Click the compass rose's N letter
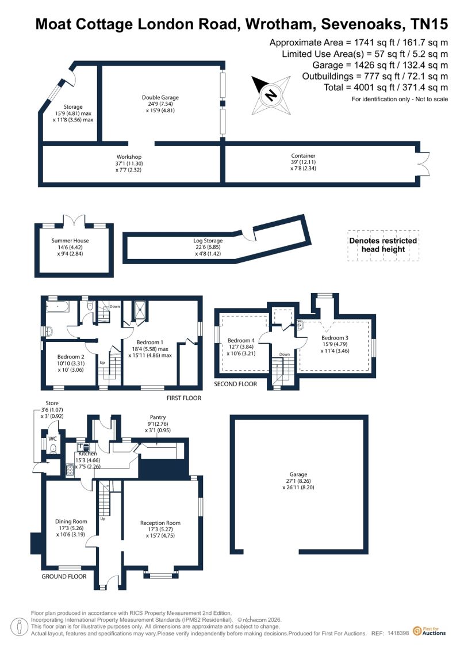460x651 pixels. (x=270, y=95)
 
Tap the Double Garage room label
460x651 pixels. (x=160, y=98)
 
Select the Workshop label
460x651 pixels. (x=129, y=157)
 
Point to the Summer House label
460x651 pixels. (x=70, y=241)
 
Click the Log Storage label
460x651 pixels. (x=208, y=241)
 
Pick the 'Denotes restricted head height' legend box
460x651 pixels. (x=384, y=245)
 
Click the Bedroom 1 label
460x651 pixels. (x=149, y=342)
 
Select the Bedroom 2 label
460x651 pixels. (x=71, y=357)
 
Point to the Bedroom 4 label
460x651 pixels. (x=241, y=340)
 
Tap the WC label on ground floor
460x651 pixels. (x=53, y=439)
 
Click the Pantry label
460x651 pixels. (x=158, y=417)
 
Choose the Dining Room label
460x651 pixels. (x=71, y=521)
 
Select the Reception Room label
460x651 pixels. (x=160, y=523)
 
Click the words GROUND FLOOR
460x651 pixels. (x=64, y=576)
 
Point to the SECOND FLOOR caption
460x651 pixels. (x=235, y=384)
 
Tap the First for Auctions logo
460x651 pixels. (x=430, y=631)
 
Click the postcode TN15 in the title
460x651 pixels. (x=429, y=24)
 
